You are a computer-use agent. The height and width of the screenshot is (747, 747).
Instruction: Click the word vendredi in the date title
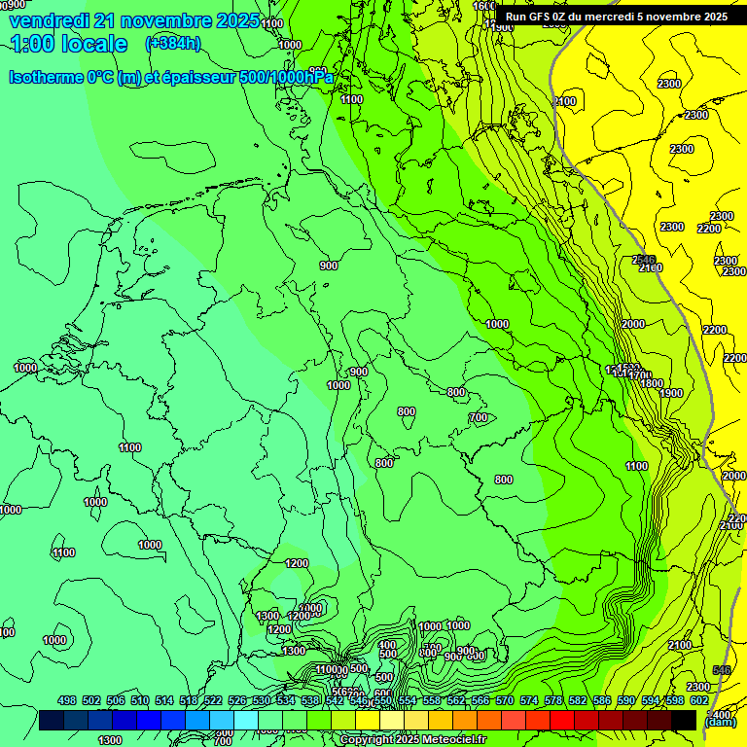point(51,20)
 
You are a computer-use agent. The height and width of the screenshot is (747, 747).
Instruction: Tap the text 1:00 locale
point(69,44)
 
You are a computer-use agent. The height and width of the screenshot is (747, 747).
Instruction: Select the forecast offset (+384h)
point(172,43)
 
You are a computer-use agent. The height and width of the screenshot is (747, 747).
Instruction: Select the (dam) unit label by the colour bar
point(720,721)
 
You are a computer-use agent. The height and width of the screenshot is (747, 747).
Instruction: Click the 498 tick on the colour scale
point(67,700)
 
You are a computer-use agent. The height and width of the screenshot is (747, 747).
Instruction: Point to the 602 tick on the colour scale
point(699,700)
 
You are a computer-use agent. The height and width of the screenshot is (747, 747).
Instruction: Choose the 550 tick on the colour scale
point(383,700)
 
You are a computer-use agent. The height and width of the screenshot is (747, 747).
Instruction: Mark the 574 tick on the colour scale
point(529,700)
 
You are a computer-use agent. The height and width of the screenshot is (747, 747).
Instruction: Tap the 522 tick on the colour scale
point(213,700)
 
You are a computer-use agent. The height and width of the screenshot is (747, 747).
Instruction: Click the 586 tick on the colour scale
point(602,700)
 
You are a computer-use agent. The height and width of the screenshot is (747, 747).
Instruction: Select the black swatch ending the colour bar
point(684,720)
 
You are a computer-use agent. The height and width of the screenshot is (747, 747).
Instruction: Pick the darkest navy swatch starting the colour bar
point(52,720)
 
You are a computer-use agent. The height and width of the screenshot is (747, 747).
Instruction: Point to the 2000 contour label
point(633,324)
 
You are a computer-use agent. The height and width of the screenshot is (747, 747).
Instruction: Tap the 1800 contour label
point(652,383)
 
